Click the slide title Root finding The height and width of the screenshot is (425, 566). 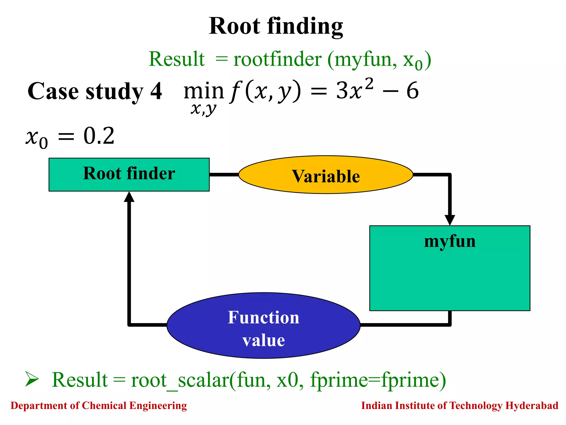click(276, 26)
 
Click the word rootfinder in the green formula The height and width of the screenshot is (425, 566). click(277, 59)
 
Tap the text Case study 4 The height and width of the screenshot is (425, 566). click(95, 91)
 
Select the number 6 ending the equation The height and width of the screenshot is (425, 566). click(412, 91)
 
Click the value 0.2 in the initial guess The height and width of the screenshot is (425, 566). click(99, 136)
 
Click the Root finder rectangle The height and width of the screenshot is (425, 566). click(129, 174)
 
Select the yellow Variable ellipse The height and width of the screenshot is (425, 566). click(326, 175)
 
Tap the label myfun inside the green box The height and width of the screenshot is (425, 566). click(450, 241)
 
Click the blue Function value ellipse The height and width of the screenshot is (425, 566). click(263, 326)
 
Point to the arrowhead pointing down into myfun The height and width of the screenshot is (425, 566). click(450, 220)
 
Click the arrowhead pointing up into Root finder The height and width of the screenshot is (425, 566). click(129, 197)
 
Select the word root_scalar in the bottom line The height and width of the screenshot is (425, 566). click(180, 380)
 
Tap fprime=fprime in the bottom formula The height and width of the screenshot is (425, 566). click(378, 380)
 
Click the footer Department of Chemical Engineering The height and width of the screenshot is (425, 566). click(99, 406)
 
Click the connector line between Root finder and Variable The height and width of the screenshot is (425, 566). click(224, 175)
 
